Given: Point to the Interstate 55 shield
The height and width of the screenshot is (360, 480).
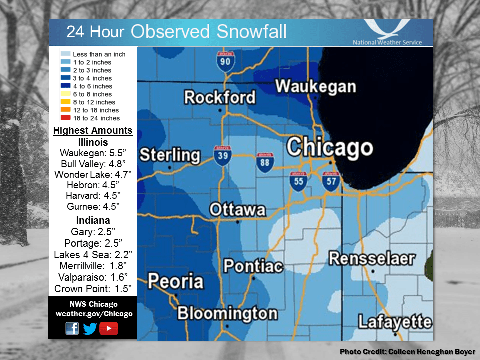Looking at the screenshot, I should coord(298,181).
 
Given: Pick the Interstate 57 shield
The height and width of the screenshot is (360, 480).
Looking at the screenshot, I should coord(330,181).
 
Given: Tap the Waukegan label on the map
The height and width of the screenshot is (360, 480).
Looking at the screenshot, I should coord(315,86).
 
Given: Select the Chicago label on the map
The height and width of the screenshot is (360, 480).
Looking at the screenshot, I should coord(330,148).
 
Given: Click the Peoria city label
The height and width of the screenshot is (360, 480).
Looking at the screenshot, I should coord(176,281).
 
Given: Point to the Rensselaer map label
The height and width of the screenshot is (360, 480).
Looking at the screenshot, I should coord(372,259).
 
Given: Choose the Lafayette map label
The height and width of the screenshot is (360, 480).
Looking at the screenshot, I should coord(395,322).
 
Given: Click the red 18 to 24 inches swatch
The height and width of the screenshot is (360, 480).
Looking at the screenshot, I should coord(65,118).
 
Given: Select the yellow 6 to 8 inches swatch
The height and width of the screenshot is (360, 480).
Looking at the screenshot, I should coord(65,94).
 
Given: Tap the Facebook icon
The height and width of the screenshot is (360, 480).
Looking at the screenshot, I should coord(72,328).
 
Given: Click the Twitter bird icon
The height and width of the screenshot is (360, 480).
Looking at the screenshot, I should coord(90,328).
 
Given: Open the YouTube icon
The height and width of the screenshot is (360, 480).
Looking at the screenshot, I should coord(109,328).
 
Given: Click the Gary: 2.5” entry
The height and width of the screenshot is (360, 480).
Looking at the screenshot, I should coord(93,232).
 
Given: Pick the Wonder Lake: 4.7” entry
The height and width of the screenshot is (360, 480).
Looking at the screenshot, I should coord(93,174).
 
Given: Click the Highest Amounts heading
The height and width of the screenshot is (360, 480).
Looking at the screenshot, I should coord(93,131).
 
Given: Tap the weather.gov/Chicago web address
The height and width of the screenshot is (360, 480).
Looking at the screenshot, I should coord(94,314).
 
